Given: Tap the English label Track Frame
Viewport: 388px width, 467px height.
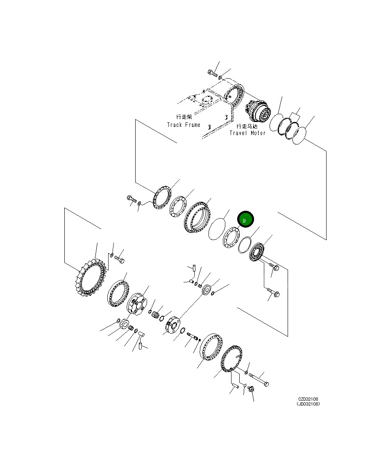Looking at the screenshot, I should click(x=184, y=125).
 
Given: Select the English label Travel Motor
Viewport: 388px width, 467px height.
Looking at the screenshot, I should click(x=247, y=133).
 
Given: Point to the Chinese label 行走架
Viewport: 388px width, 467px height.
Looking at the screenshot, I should click(x=184, y=117).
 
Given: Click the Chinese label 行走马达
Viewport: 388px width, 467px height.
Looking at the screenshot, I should click(x=247, y=126).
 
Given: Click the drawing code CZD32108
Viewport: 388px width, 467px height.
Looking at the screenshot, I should click(x=308, y=399).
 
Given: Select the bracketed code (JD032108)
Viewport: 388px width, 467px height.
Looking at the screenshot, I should click(x=308, y=404).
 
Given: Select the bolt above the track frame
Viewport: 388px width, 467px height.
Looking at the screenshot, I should click(x=211, y=74).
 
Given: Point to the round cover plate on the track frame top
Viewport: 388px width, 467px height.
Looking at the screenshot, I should click(x=206, y=100).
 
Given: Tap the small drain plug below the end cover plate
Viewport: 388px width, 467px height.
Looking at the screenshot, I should click(x=251, y=388).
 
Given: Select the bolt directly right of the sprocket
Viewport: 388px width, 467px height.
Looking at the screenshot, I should click(x=119, y=259).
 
